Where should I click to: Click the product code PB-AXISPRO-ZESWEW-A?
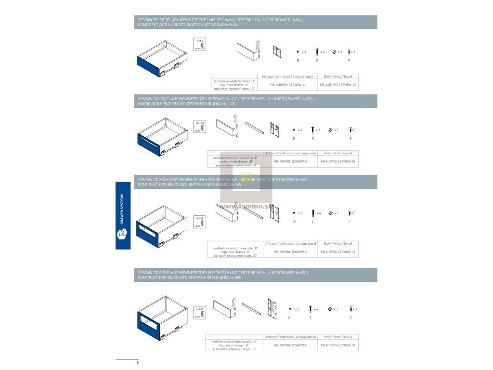[287, 85]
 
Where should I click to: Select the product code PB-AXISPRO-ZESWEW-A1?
[337, 85]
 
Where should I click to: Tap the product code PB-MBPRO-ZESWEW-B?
[290, 161]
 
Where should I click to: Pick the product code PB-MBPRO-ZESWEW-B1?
[338, 161]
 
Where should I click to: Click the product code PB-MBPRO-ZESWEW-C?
[290, 251]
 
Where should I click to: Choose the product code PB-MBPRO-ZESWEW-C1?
[338, 251]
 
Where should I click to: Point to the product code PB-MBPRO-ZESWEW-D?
[290, 345]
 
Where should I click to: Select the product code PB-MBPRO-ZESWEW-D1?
[338, 345]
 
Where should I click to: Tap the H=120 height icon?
[200, 126]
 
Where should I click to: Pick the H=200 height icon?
[200, 312]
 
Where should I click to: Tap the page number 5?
[138, 362]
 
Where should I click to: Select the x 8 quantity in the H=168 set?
[300, 212]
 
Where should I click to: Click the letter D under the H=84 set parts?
[298, 60]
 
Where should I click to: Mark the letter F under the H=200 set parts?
[350, 318]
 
